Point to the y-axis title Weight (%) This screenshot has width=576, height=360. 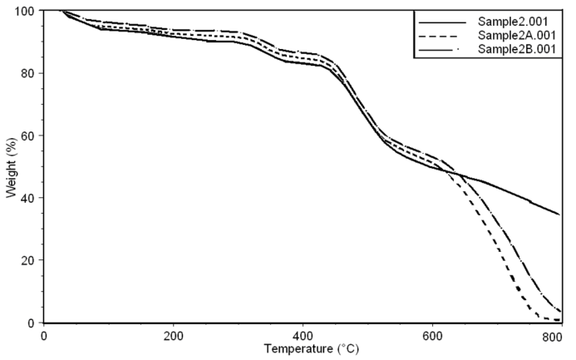[11, 167]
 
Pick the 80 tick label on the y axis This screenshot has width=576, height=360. [27, 73]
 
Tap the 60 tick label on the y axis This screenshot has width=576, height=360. [27, 136]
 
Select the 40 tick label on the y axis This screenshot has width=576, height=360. [27, 198]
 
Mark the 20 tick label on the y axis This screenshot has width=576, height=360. [27, 260]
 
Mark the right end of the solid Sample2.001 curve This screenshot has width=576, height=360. [559, 214]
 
